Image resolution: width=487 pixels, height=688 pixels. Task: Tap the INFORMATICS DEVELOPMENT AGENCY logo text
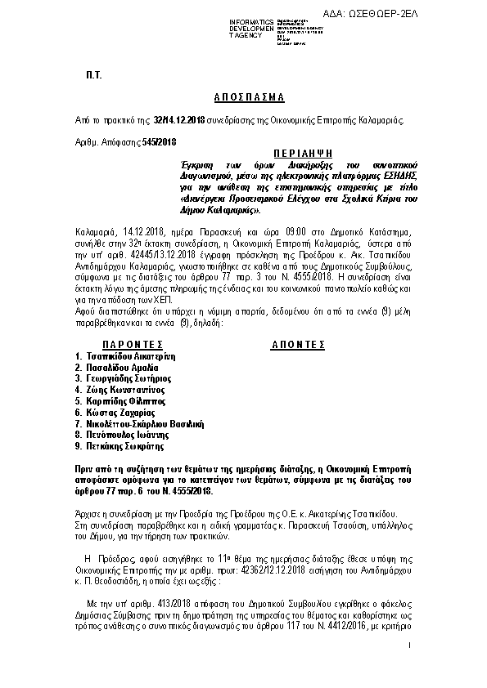[253, 27]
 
